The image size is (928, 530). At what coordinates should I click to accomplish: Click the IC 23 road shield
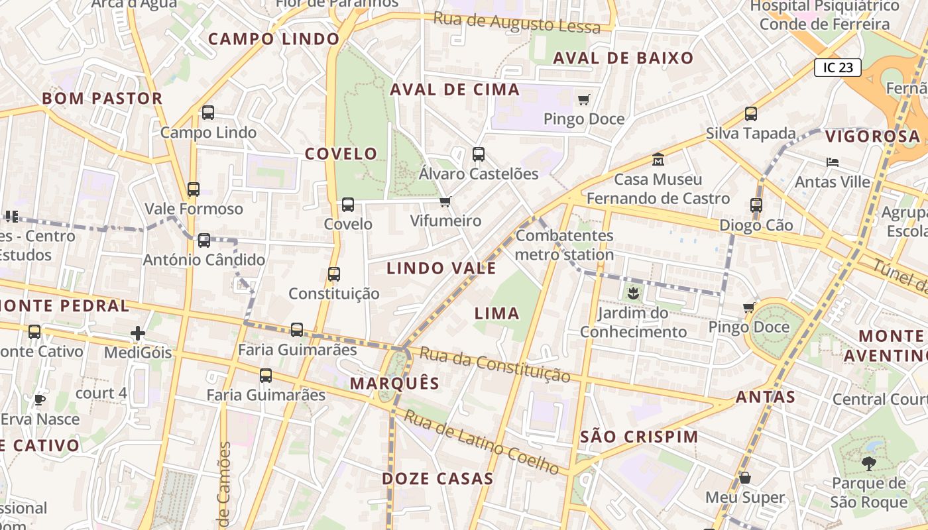[x=838, y=67]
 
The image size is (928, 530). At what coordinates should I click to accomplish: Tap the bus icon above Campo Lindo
[x=208, y=113]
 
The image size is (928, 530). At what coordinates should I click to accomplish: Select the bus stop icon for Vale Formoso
[x=194, y=189]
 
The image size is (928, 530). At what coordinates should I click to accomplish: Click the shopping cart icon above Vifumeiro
[x=445, y=201]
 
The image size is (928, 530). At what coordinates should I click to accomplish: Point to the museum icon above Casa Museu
[x=658, y=160]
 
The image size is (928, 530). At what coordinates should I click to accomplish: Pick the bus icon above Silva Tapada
[x=751, y=114]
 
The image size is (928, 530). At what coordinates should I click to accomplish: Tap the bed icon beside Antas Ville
[x=833, y=162]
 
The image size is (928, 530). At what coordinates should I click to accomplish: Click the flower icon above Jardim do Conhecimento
[x=633, y=292]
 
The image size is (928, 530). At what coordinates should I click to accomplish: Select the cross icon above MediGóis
[x=138, y=333]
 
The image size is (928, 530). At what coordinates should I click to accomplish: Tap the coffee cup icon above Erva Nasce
[x=40, y=399]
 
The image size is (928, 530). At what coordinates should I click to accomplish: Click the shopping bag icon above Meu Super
[x=745, y=478]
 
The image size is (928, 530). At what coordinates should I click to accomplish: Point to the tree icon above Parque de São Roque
[x=868, y=464]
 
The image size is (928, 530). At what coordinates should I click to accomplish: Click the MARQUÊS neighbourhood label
[x=394, y=383]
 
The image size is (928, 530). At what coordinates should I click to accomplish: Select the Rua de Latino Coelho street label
[x=482, y=443]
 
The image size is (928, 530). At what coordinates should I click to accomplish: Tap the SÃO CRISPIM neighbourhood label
[x=639, y=437]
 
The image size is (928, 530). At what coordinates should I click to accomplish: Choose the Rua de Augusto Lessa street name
[x=516, y=23]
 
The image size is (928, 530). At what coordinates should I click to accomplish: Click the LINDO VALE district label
[x=441, y=268]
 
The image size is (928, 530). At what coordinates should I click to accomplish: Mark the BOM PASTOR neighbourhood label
[x=102, y=99]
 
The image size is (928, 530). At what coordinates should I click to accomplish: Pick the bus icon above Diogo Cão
[x=756, y=205]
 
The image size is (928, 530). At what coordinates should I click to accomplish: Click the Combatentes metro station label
[x=565, y=245]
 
